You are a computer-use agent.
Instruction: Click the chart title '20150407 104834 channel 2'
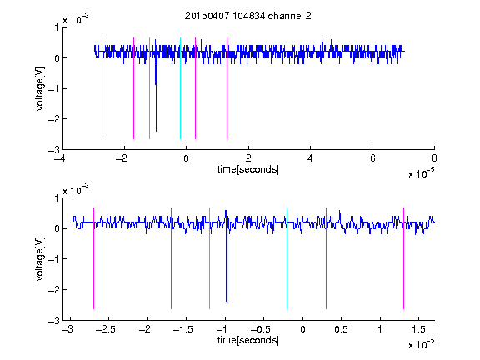tap(248, 16)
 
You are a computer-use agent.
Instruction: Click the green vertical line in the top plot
tap(149, 88)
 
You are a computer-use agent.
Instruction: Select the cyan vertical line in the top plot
tap(180, 88)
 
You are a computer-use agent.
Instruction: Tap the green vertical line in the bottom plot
tap(209, 258)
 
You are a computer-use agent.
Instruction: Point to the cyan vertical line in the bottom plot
tap(287, 258)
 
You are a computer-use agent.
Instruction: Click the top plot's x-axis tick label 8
tap(434, 158)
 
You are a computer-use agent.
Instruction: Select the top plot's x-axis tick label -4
tap(60, 158)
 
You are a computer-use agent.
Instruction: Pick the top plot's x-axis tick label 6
tap(372, 158)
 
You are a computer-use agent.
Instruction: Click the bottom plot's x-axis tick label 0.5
tap(341, 329)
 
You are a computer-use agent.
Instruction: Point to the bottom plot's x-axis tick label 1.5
tap(418, 329)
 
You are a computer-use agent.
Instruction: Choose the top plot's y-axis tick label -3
tap(54, 150)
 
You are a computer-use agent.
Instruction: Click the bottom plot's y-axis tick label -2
tap(54, 290)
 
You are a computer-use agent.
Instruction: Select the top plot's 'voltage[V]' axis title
tap(40, 88)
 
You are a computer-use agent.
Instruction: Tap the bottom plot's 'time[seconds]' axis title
tap(248, 340)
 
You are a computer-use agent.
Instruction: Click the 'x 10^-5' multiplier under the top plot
tap(421, 173)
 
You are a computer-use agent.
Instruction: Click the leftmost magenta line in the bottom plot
tap(93, 258)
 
